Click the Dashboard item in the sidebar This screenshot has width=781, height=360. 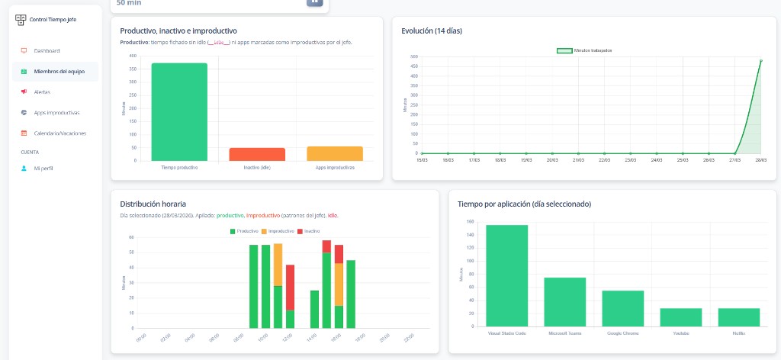(x=47, y=51)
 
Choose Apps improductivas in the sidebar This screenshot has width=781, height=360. (x=56, y=113)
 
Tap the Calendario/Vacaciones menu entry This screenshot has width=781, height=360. (x=59, y=133)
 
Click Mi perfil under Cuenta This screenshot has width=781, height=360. (x=43, y=168)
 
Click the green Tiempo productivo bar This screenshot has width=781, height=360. (x=179, y=112)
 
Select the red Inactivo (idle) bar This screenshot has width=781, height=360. (x=257, y=154)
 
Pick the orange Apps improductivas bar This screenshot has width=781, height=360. (x=335, y=153)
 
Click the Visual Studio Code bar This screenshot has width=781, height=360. (x=507, y=276)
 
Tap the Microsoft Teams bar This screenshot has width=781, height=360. (x=565, y=302)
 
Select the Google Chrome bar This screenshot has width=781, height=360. (x=623, y=309)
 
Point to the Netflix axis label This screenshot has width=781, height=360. (x=738, y=333)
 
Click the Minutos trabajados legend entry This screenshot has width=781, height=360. (x=584, y=50)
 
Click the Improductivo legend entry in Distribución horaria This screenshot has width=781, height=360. (x=278, y=230)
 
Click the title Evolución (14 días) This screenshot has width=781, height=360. (x=431, y=31)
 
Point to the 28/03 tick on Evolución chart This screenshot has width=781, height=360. (x=760, y=160)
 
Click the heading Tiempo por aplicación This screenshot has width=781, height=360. (x=524, y=204)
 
